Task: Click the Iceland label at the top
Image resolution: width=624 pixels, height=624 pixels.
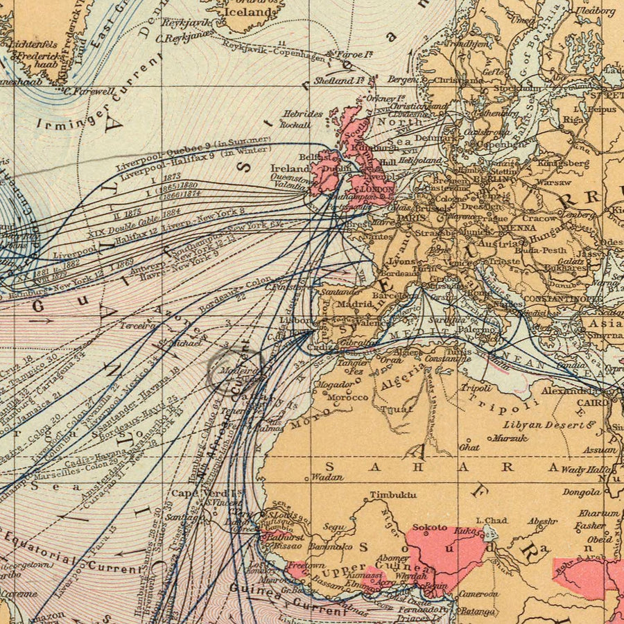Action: [x=251, y=12]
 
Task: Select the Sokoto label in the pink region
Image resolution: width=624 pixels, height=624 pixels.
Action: [x=429, y=528]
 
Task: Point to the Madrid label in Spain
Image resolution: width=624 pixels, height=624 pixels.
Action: [x=356, y=303]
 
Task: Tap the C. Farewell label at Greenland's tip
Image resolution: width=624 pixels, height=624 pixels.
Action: [x=89, y=91]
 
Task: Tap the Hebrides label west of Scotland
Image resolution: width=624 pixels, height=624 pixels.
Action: [x=303, y=114]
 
